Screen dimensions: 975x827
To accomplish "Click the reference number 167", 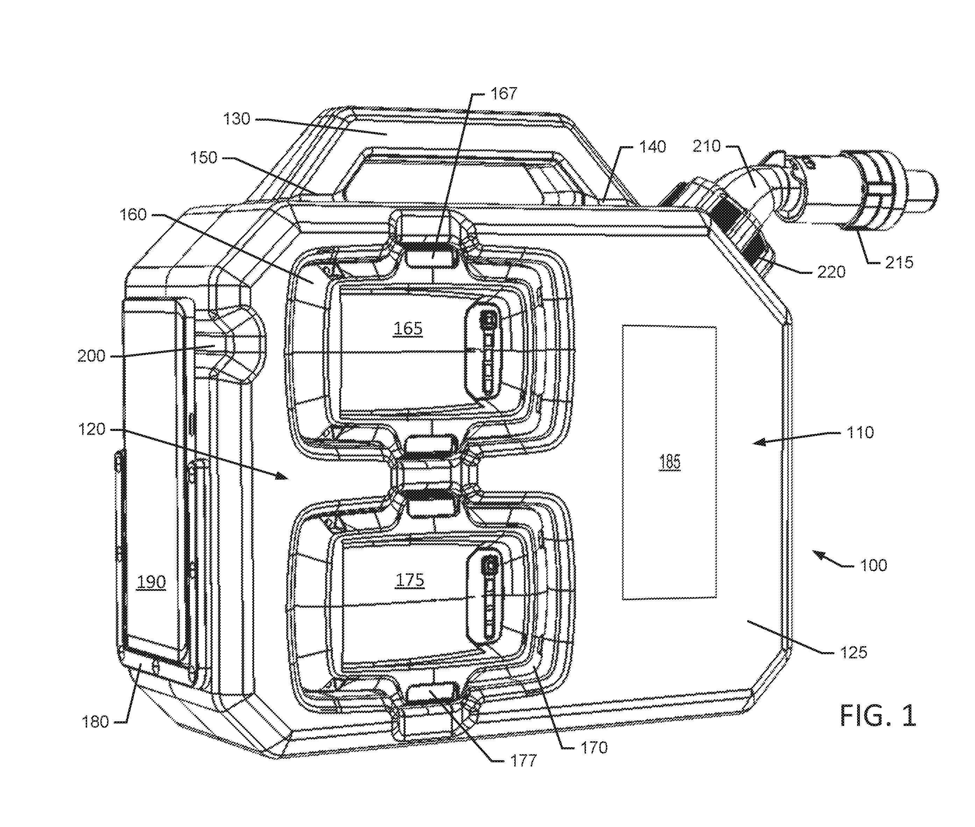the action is click(504, 94).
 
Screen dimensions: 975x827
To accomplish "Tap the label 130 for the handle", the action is click(237, 119).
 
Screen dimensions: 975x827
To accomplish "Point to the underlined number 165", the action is click(408, 328).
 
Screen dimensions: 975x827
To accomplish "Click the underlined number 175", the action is click(410, 580).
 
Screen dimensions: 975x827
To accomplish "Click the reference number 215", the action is click(899, 262).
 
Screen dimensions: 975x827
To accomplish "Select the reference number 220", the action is click(831, 272).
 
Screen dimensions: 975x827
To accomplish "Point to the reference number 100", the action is click(873, 565).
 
